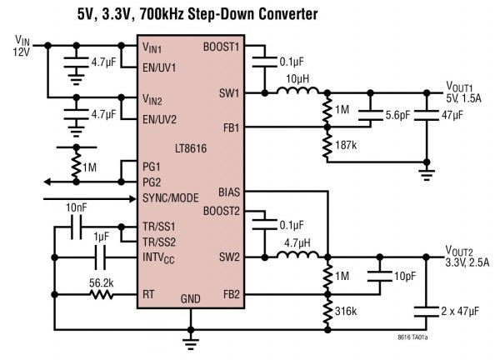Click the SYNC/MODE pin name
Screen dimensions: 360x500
coord(173,200)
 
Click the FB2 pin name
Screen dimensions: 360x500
coord(229,293)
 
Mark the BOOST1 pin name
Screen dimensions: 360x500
coord(221,47)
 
